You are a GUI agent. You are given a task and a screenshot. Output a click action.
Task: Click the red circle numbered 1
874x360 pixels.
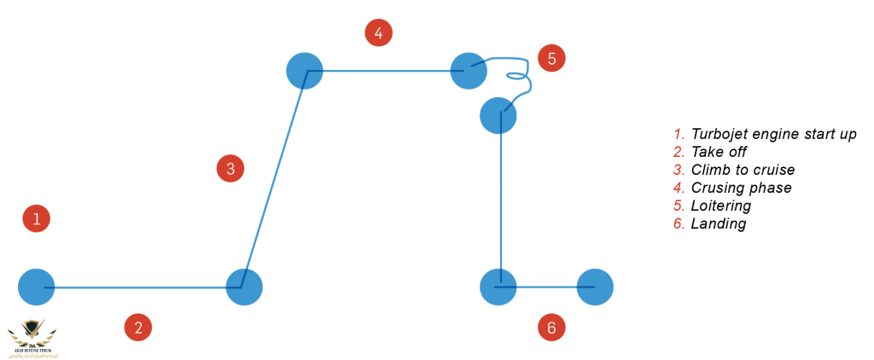pos(36,218)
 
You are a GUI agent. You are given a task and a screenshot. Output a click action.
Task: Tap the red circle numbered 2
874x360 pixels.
pos(137,327)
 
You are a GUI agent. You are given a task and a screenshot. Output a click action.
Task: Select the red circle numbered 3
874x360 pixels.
pos(230,168)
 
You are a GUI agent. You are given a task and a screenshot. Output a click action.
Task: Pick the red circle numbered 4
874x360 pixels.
pos(378,33)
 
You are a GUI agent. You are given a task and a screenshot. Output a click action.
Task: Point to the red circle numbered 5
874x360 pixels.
pos(551,58)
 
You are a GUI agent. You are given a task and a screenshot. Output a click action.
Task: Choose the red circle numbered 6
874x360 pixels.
pos(551,327)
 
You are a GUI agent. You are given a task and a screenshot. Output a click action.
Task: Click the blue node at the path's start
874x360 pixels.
pos(37,287)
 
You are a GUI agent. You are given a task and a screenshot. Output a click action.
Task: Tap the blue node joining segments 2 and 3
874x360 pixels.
pos(244,287)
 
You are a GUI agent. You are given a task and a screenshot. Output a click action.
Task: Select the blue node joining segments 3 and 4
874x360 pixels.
pos(305,71)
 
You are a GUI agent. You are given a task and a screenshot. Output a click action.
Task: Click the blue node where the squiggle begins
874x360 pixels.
pos(468,71)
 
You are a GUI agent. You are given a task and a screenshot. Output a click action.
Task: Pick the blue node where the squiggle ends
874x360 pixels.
pos(498,115)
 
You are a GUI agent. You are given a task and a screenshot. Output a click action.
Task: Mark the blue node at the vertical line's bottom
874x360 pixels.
pos(498,287)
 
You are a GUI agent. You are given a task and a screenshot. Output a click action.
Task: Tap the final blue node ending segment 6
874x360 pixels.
pos(595,287)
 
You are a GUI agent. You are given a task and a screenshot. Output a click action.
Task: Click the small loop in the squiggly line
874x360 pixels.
pos(516,76)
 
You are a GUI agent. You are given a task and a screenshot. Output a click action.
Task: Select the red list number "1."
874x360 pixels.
pos(679,134)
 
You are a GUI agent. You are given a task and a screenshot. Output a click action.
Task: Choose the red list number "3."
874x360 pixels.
pos(679,170)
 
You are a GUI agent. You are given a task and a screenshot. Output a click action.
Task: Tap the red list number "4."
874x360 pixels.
pos(679,188)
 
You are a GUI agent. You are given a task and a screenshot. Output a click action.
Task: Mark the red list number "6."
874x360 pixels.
pos(679,224)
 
